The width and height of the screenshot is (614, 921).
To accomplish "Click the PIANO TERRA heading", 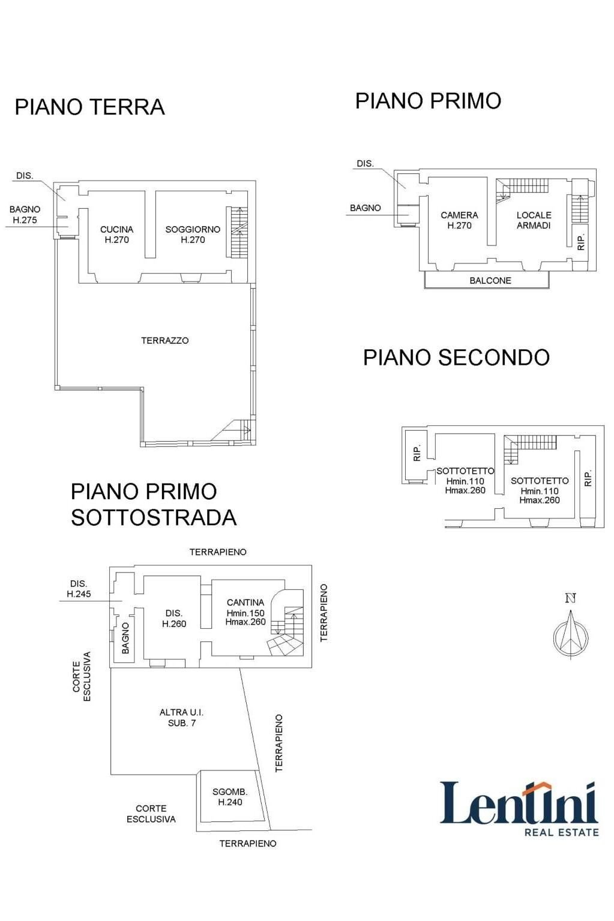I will [x=89, y=107].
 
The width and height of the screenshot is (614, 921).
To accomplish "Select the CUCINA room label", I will [x=116, y=235].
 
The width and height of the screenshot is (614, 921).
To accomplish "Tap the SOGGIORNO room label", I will [x=193, y=235].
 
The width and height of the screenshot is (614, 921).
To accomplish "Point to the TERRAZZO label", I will [x=164, y=341].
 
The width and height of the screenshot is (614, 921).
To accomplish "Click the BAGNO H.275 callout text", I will [x=25, y=215].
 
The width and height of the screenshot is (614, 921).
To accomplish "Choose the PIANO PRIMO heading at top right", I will [x=428, y=101].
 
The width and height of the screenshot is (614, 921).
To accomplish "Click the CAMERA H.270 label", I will [x=459, y=220].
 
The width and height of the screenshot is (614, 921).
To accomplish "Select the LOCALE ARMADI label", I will [x=534, y=220].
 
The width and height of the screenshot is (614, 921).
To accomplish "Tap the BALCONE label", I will [x=490, y=281].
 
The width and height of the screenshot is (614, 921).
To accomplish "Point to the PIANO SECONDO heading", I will [x=456, y=358].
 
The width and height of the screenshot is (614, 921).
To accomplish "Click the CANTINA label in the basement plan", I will [x=245, y=612].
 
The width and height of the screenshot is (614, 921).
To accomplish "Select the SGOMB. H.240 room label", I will [x=230, y=797].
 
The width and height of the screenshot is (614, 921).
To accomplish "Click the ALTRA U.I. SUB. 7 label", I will [x=181, y=718].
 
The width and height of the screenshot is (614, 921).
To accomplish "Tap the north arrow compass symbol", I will [x=570, y=630].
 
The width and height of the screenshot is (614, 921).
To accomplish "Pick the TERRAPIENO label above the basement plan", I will [x=218, y=552].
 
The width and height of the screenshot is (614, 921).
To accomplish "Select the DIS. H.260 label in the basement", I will [x=174, y=619].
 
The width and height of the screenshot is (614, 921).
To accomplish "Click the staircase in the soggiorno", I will [x=238, y=232].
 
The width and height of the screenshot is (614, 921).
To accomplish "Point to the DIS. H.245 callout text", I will [x=79, y=589].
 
